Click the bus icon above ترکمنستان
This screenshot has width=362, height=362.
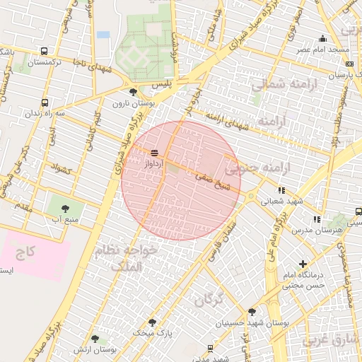click(x=45, y=52)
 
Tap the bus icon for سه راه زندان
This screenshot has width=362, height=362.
click(x=45, y=103)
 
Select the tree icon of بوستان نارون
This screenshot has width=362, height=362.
click(x=134, y=93)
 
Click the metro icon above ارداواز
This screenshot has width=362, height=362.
click(x=155, y=153)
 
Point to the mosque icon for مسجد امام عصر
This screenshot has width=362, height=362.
click(x=323, y=39)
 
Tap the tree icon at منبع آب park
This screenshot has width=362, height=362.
click(x=66, y=209)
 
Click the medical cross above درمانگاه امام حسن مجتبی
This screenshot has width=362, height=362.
click(x=303, y=264)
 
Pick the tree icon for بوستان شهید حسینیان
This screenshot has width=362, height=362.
click(x=252, y=312)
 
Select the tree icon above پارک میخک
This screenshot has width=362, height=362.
click(x=152, y=322)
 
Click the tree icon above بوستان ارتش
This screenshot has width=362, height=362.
click(x=95, y=339)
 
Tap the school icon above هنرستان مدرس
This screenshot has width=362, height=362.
click(x=317, y=219)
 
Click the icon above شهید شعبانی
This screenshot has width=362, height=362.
click(x=281, y=190)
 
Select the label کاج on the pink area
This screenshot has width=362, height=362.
click(x=26, y=252)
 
